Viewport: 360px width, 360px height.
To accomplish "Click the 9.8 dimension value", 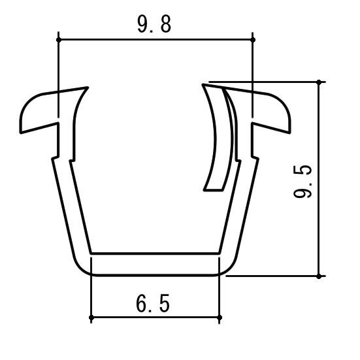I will [154, 25].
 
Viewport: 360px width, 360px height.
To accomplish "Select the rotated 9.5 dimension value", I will [303, 182].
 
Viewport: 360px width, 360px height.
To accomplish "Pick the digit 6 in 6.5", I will [142, 304].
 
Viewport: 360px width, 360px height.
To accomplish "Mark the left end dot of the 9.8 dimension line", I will [58, 40].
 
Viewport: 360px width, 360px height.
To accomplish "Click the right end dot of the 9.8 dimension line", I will [253, 40].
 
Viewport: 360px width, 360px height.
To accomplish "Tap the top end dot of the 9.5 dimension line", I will [319, 82].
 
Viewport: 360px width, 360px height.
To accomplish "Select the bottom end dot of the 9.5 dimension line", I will [319, 276].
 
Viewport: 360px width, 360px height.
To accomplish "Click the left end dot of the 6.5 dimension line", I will [91, 318].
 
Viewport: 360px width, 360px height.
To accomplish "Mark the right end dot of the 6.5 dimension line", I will [220, 318].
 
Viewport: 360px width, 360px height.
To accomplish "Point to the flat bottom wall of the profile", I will [155, 264].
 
